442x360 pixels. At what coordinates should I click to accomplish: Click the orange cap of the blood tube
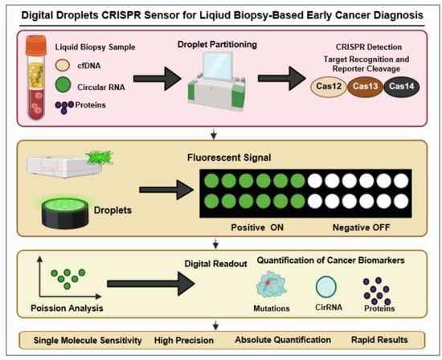(36, 45)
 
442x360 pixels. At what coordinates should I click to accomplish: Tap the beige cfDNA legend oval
(63, 65)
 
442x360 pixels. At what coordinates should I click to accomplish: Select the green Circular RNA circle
(63, 84)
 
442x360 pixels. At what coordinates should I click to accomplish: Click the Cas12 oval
(329, 86)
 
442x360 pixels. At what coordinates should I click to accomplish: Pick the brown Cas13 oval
(365, 86)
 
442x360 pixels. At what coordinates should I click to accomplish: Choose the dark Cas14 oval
(401, 86)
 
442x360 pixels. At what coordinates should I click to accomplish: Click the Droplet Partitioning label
(217, 44)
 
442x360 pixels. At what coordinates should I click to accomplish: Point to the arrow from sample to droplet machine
(157, 79)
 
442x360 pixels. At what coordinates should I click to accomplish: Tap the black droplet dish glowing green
(65, 213)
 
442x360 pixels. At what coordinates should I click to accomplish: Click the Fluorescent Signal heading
(229, 157)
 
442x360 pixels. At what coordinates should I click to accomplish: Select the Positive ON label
(257, 227)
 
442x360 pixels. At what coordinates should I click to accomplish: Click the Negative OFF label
(362, 227)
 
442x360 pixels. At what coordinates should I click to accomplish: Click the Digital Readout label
(215, 264)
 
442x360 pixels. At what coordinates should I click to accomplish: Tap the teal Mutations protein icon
(271, 284)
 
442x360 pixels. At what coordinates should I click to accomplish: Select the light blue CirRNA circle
(325, 287)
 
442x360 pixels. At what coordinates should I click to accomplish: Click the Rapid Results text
(379, 340)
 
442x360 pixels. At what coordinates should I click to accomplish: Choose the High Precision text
(184, 340)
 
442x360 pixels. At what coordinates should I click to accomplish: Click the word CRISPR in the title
(121, 15)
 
